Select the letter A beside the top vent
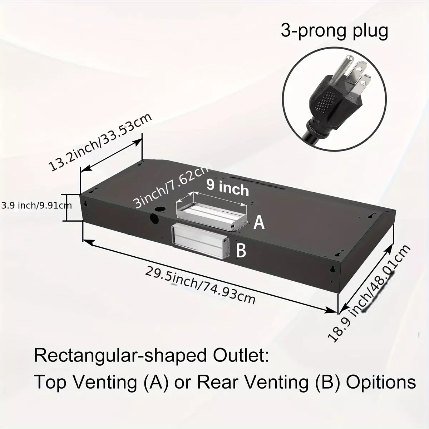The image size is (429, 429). point(259,223)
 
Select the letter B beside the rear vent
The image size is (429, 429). point(241,251)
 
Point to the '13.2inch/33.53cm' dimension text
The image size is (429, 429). point(100,143)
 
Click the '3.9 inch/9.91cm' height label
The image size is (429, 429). point(36,205)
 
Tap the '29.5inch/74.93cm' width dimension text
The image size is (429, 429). point(200,286)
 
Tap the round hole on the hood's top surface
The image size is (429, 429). point(160,209)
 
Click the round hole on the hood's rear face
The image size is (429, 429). point(154,219)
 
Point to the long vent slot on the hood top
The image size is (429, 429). point(258,183)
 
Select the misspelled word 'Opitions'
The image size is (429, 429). point(381,383)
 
